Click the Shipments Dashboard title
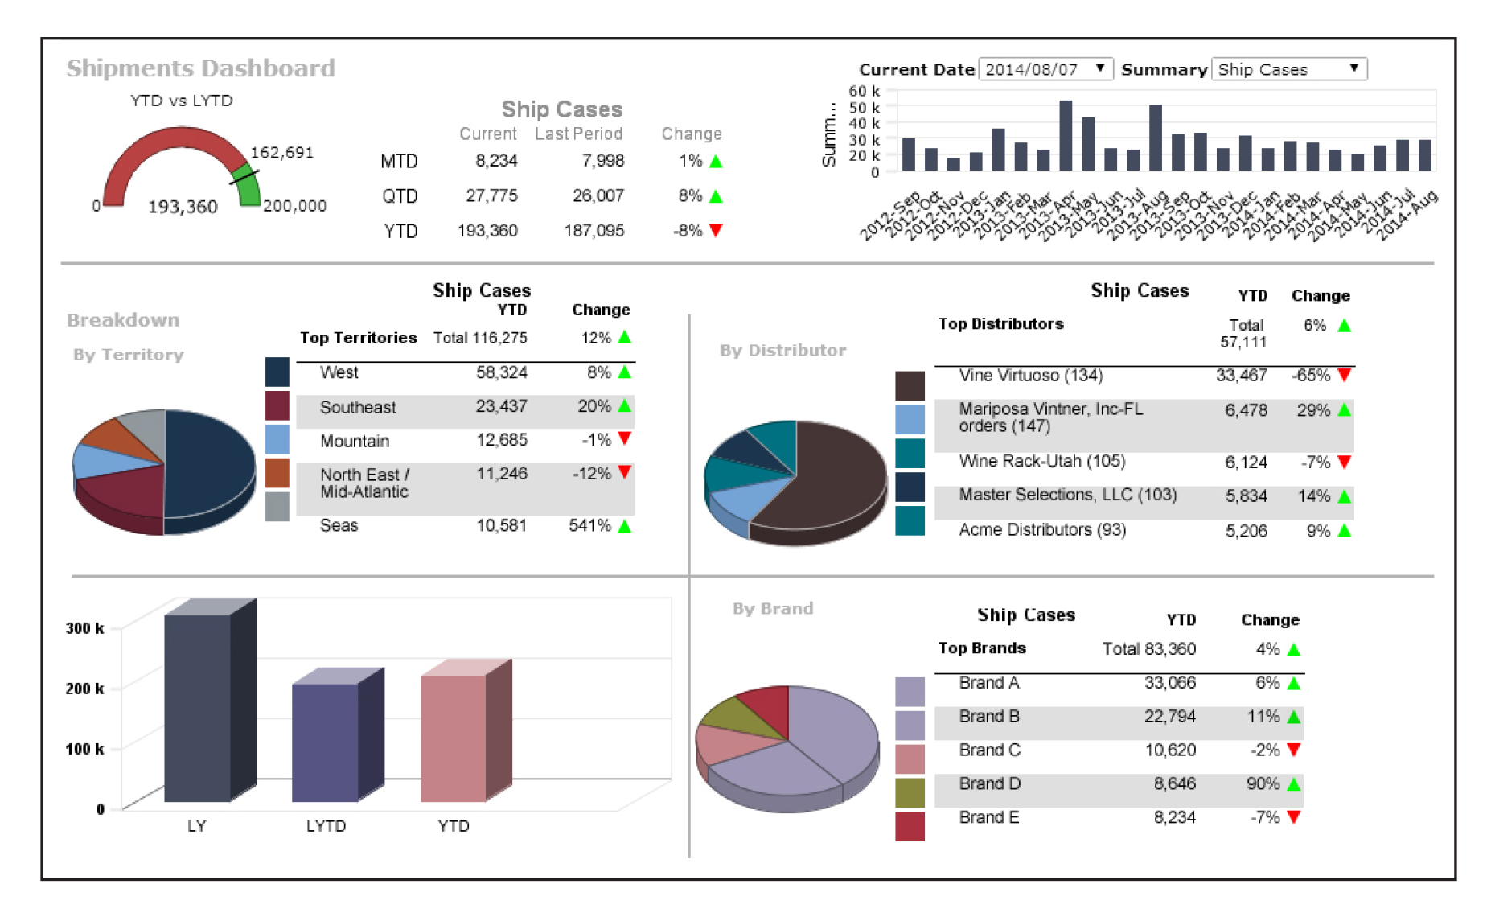pyautogui.click(x=200, y=68)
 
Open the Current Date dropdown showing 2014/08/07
pyautogui.click(x=1045, y=69)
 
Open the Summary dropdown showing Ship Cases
pyautogui.click(x=1288, y=69)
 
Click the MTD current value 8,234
pyautogui.click(x=496, y=161)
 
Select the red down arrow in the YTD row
pyautogui.click(x=716, y=231)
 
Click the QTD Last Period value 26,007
pyautogui.click(x=598, y=195)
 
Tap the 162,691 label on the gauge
pyautogui.click(x=281, y=153)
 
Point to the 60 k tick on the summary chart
pyautogui.click(x=864, y=91)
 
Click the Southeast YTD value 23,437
pyautogui.click(x=501, y=406)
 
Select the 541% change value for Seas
pyautogui.click(x=589, y=525)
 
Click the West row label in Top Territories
pyautogui.click(x=339, y=372)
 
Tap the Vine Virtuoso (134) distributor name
pyautogui.click(x=1030, y=376)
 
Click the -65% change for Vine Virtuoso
pyautogui.click(x=1310, y=376)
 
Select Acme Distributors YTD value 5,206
pyautogui.click(x=1246, y=531)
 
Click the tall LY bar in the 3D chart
pyautogui.click(x=197, y=708)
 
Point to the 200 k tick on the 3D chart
pyautogui.click(x=84, y=689)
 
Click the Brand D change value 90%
pyautogui.click(x=1263, y=783)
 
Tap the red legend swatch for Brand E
pyautogui.click(x=910, y=826)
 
